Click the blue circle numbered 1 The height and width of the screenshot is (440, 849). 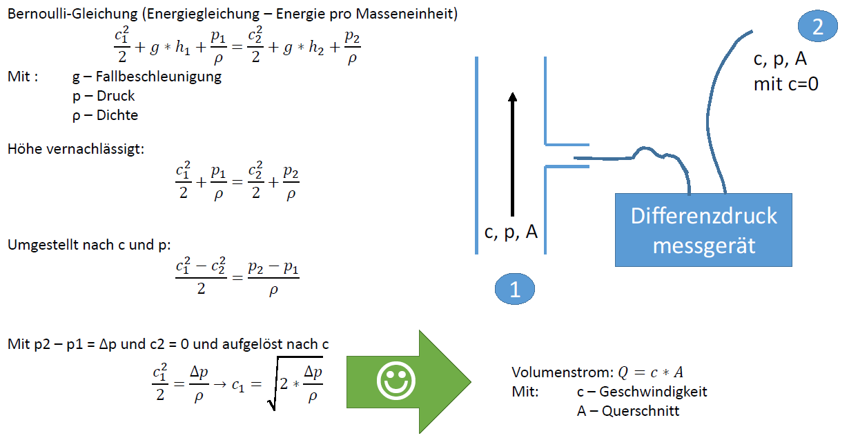click(515, 289)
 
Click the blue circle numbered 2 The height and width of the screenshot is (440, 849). click(817, 26)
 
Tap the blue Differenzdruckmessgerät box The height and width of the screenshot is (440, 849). click(703, 230)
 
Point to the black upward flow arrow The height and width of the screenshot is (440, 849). click(512, 154)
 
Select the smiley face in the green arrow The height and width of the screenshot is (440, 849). click(396, 381)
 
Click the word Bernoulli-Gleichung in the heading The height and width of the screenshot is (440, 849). click(72, 14)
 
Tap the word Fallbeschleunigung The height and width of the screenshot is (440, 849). click(159, 77)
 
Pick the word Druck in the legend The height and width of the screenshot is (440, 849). click(115, 96)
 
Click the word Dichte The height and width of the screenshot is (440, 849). click(117, 115)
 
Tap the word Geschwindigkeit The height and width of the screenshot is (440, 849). click(653, 392)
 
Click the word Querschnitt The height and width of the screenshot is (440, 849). click(641, 411)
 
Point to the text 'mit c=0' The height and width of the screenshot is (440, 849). click(786, 84)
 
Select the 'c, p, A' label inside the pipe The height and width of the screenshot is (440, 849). click(511, 232)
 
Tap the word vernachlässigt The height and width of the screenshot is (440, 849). click(95, 149)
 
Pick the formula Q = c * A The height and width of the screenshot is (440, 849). click(650, 372)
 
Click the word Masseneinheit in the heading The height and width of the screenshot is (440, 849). click(407, 14)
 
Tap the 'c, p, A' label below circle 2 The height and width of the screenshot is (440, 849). click(780, 59)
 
